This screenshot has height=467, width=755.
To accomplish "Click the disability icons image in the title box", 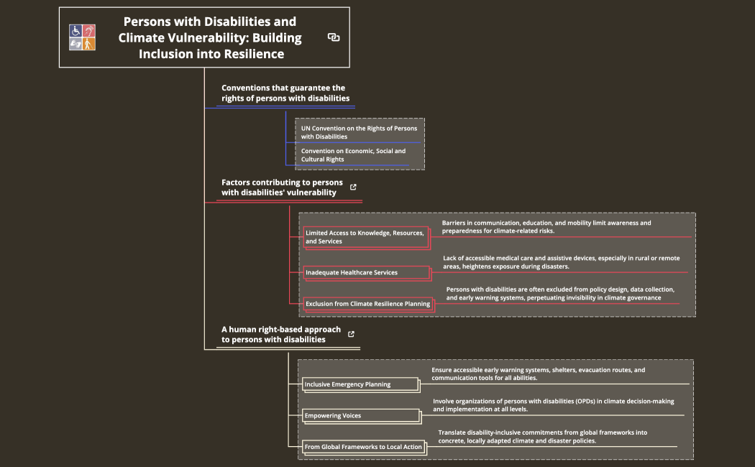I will (x=83, y=37).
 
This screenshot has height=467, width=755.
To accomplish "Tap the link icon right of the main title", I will (x=334, y=37).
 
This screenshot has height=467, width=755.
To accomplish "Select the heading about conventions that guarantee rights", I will (x=285, y=93).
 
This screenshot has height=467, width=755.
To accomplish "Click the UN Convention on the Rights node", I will (x=359, y=132).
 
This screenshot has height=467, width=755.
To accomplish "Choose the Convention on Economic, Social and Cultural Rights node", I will (x=353, y=155).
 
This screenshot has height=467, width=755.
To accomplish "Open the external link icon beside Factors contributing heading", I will (x=353, y=187).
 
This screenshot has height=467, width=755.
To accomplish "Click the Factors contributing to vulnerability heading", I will (x=282, y=187).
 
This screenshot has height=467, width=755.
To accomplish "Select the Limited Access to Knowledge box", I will (x=365, y=237).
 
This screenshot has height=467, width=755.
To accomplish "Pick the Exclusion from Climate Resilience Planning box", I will (x=367, y=304).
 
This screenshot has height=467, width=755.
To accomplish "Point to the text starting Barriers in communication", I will (x=546, y=227).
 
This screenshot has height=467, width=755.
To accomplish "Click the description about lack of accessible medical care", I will (x=561, y=262).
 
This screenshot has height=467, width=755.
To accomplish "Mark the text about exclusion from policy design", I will (x=560, y=293).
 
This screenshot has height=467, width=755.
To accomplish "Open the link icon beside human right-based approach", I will (x=351, y=334).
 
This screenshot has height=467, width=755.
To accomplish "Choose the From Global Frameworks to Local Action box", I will (x=363, y=447).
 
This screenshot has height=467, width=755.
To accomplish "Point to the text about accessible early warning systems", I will (x=539, y=374).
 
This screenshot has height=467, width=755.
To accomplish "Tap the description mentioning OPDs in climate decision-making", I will (x=553, y=404).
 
